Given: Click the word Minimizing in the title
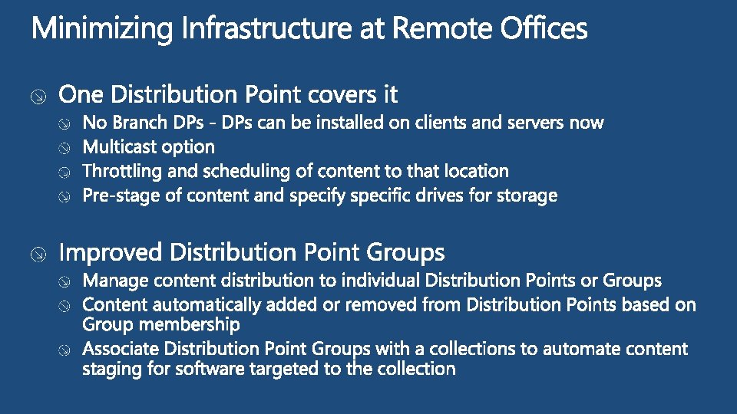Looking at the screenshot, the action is coord(103,30).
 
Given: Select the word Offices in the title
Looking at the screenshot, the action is coord(544,30).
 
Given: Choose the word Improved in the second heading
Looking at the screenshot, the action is coord(111,252).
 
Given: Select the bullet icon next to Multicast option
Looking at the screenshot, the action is coord(67,147).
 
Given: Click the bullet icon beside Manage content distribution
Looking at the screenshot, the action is coord(67,281).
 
